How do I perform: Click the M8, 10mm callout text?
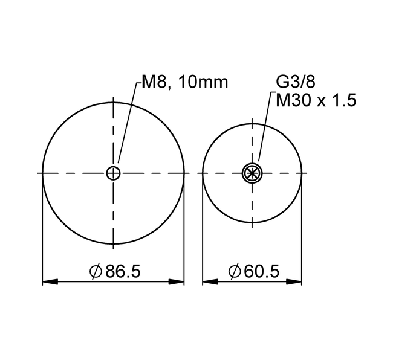click(x=185, y=82)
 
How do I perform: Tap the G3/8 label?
click(x=296, y=82)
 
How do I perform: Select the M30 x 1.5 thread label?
click(x=316, y=100)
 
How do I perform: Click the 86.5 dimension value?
click(x=123, y=271)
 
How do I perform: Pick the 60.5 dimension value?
click(x=262, y=271)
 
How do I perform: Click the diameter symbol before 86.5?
click(x=96, y=271)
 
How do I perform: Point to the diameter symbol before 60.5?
click(x=235, y=271)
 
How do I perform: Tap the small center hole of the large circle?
click(x=113, y=173)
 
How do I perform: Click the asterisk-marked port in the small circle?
click(x=252, y=173)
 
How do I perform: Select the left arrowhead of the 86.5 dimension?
click(x=50, y=282)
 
